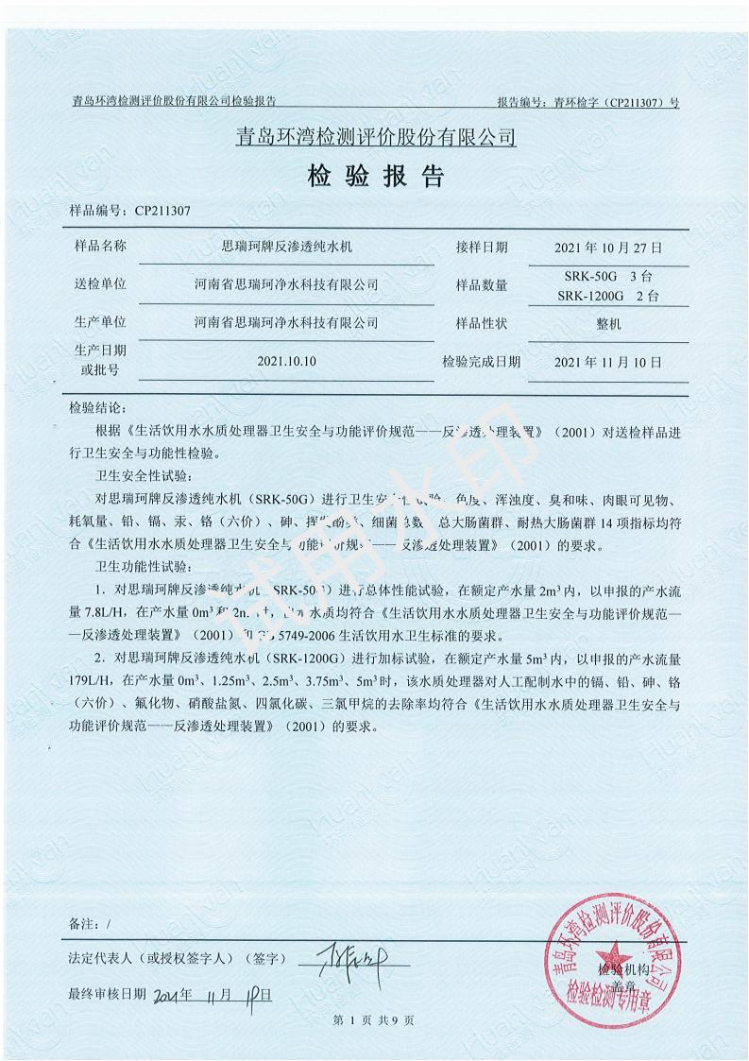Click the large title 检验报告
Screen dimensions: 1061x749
pyautogui.click(x=374, y=178)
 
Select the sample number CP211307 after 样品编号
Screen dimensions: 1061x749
pyautogui.click(x=163, y=213)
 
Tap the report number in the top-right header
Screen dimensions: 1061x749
pyautogui.click(x=587, y=102)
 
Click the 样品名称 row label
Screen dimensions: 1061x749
pyautogui.click(x=99, y=247)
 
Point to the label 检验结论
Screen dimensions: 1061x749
pyautogui.click(x=95, y=409)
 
